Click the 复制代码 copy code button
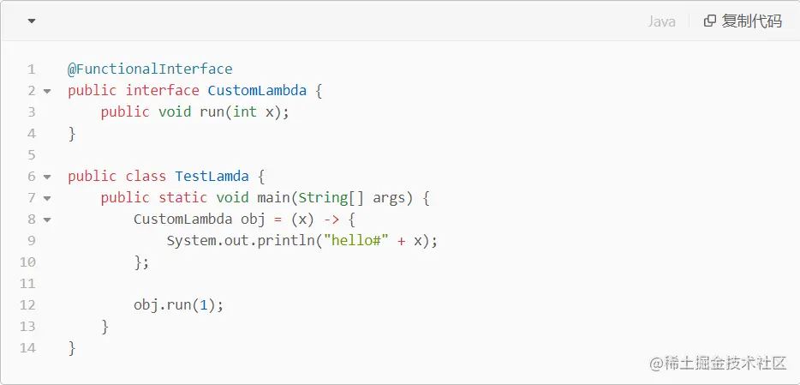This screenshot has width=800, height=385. [x=743, y=21]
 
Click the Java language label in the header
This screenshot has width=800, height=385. [x=661, y=21]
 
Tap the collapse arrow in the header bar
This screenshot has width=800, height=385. [x=32, y=21]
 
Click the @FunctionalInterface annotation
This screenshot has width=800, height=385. [x=150, y=69]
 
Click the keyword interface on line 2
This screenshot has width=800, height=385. [x=163, y=90]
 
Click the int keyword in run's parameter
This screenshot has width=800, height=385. [x=245, y=111]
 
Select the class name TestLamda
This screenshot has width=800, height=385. [x=212, y=176]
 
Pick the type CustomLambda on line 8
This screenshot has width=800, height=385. [x=182, y=219]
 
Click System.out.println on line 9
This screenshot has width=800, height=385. [x=241, y=240]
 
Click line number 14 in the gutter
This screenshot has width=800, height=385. [x=27, y=347]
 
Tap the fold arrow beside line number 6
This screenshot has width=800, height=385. [x=47, y=177]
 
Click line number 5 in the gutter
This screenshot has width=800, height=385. [x=31, y=154]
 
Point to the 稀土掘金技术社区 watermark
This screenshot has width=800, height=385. [x=718, y=363]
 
